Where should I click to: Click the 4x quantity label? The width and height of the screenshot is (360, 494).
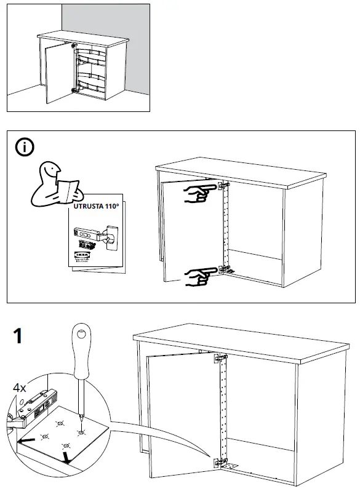click(20, 388)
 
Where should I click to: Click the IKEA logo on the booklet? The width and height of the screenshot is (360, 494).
click(82, 253)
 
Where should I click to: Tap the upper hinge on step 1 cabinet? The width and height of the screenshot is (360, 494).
click(218, 358)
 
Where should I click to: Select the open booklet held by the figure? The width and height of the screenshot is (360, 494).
click(66, 188)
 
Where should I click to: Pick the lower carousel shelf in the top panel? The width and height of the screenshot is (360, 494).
click(90, 81)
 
